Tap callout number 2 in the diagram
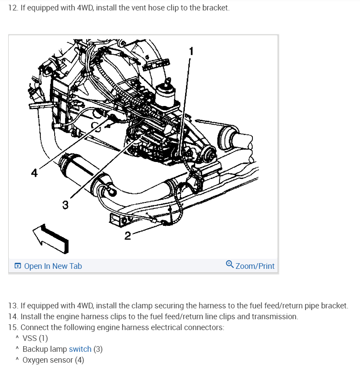(x=128, y=236)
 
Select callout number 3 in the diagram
(x=65, y=205)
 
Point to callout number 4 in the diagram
(x=34, y=173)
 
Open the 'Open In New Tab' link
(x=53, y=266)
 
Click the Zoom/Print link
(x=255, y=266)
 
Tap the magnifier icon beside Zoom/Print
(x=230, y=265)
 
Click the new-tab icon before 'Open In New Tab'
(x=18, y=266)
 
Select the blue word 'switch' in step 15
(x=80, y=349)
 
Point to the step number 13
(x=13, y=306)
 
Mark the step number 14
(x=13, y=317)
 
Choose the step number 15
(x=13, y=327)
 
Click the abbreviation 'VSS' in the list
(x=30, y=338)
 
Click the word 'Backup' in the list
(x=35, y=349)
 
